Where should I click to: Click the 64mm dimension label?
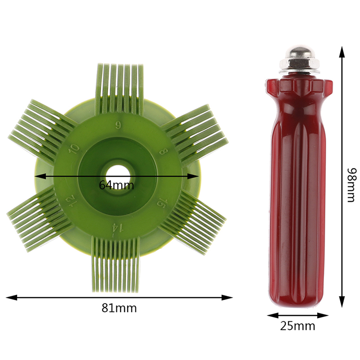coord(117,185)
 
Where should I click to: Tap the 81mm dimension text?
coord(119,308)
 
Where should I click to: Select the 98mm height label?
coord(352,185)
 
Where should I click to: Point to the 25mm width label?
coord(297,326)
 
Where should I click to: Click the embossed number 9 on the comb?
coord(118,125)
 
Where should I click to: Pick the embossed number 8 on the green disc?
coord(164,152)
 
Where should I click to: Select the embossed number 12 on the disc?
coord(71,200)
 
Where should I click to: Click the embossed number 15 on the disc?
coord(162,204)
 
